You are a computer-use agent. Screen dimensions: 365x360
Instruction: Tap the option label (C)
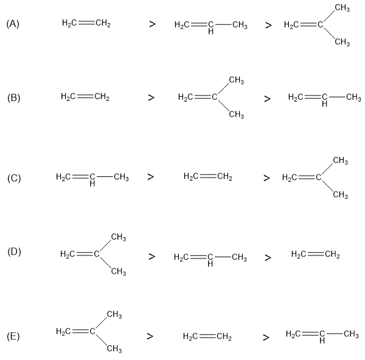pos(13,178)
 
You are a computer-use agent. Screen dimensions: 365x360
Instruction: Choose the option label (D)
pos(13,251)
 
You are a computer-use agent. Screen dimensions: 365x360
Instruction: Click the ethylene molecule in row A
pos(86,24)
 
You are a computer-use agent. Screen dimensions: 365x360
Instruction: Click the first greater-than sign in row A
pos(152,25)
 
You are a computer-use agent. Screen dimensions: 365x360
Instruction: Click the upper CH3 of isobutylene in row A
pos(342,7)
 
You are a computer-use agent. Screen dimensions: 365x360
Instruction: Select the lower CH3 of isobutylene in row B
pos(237,115)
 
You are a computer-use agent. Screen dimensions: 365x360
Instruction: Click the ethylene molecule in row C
pos(207,177)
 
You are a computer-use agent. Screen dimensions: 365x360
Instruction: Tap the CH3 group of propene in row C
pos(121,178)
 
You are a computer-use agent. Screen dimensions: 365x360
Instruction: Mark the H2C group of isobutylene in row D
pos(71,254)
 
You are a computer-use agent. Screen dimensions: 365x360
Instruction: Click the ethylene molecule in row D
pos(316,254)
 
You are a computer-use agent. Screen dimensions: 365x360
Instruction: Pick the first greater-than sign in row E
pos(150,336)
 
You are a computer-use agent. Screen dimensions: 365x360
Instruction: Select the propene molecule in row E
pos(322,335)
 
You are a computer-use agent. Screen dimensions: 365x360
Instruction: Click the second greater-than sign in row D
pos(268,257)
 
